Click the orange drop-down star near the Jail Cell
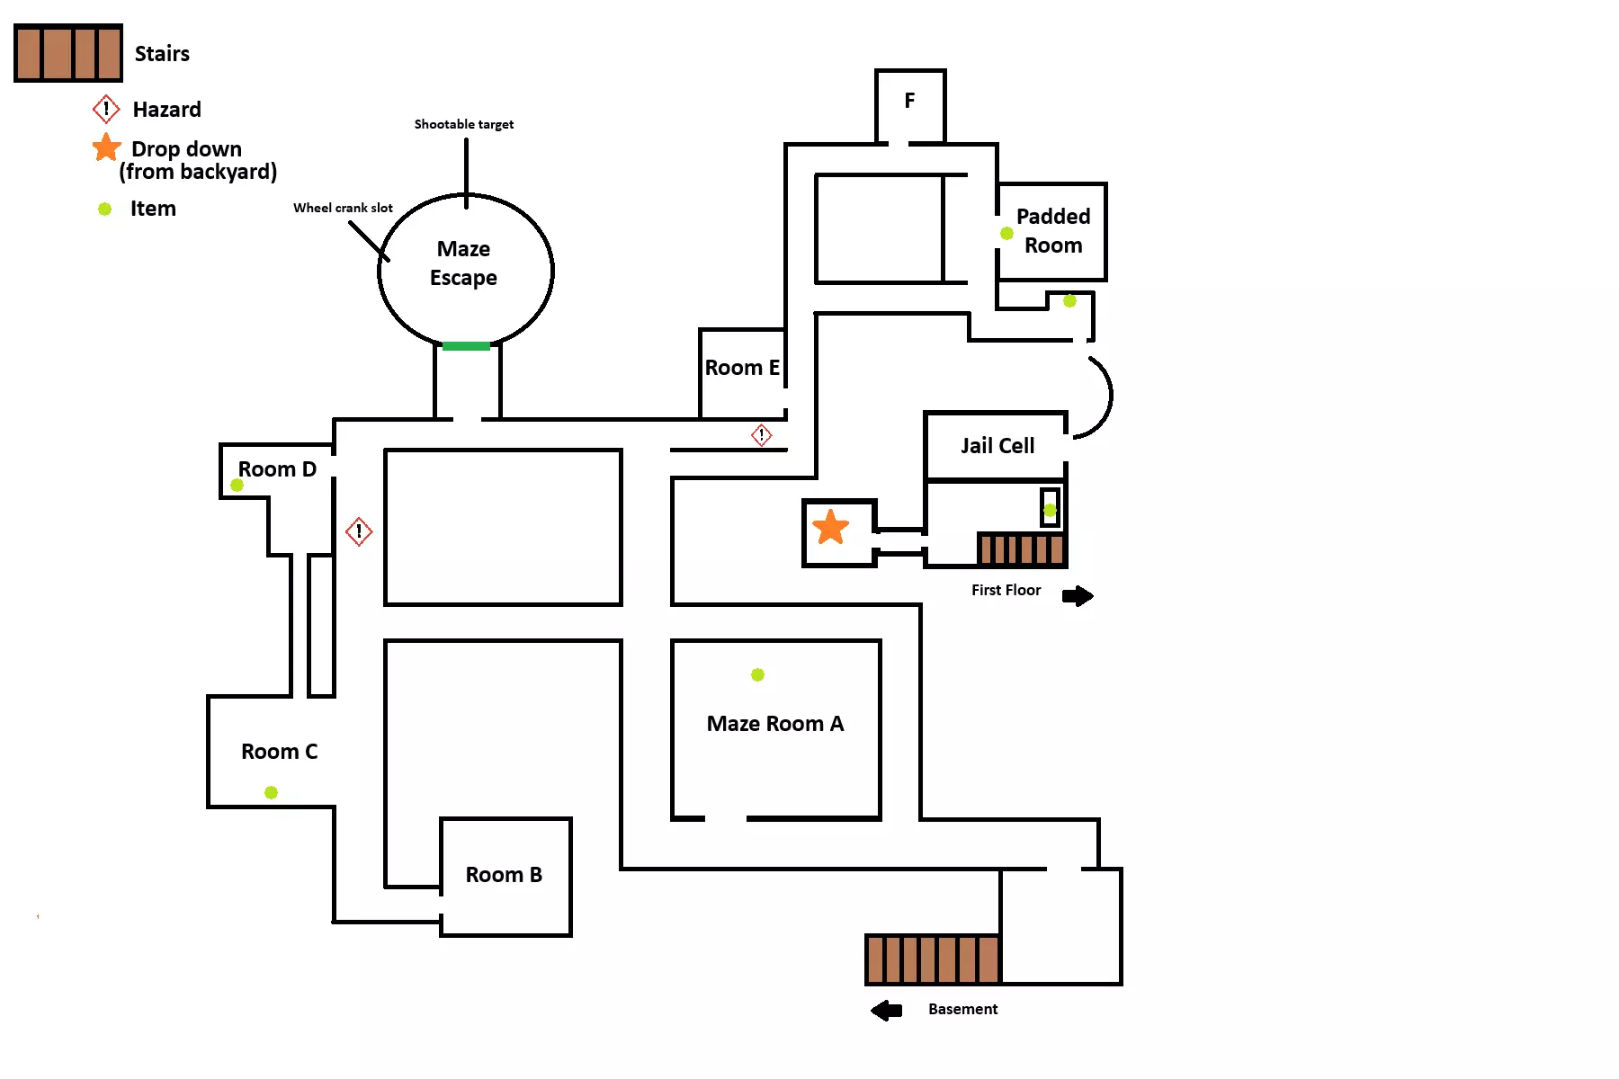click(830, 527)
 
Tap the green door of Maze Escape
click(466, 346)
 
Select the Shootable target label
click(463, 124)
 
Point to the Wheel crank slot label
click(343, 208)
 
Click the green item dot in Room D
click(237, 486)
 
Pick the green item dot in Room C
click(271, 792)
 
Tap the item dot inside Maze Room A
click(757, 674)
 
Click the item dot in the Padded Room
click(1006, 234)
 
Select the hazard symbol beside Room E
click(762, 435)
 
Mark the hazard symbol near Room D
click(359, 531)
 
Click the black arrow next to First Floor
click(1078, 596)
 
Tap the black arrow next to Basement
click(887, 1011)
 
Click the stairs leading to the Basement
click(933, 959)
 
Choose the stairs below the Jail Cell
click(1022, 549)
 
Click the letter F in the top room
click(909, 101)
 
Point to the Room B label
click(504, 875)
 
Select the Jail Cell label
click(997, 446)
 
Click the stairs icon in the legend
click(68, 53)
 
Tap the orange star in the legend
click(107, 147)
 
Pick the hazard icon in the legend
click(106, 110)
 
